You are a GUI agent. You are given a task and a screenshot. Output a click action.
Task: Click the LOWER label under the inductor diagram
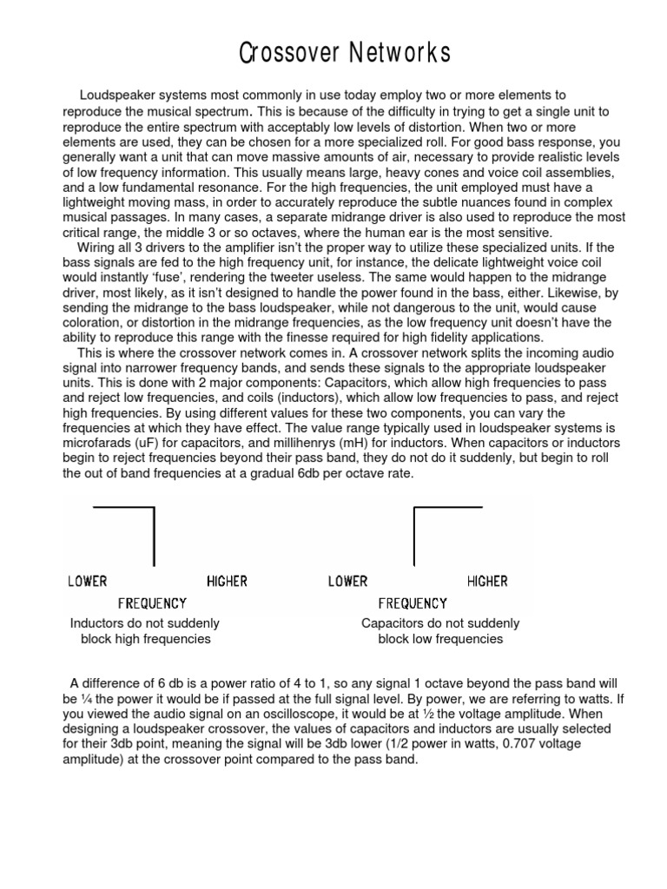tap(88, 582)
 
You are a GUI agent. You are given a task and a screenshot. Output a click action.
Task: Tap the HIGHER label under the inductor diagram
tap(227, 582)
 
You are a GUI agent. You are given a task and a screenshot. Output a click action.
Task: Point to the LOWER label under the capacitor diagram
tap(347, 582)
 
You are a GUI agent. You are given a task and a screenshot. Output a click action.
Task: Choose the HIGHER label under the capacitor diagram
tap(487, 582)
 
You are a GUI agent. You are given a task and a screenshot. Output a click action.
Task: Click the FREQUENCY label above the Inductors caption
tap(152, 603)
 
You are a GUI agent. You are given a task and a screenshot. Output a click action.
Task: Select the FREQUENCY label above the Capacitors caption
tap(413, 603)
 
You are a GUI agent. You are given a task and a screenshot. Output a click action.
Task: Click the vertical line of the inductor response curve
tap(154, 537)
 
